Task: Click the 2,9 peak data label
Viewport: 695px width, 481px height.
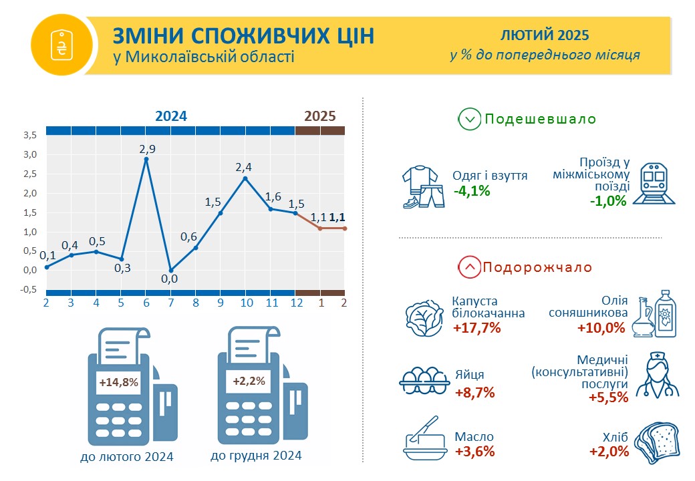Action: point(148,149)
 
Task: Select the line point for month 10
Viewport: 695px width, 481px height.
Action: point(245,178)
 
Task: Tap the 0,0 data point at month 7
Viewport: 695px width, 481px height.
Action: point(171,270)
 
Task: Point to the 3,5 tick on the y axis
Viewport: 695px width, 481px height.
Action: point(30,135)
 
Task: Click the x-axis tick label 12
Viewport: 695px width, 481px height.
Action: point(297,303)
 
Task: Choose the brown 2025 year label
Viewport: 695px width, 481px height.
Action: point(320,116)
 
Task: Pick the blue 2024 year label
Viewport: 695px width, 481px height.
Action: point(171,116)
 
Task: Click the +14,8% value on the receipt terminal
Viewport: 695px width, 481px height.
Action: point(119,382)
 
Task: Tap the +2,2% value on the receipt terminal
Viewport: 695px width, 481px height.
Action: point(249,381)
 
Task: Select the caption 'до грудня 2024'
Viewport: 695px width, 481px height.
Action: point(256,456)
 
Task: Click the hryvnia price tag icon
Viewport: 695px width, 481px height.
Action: point(61,45)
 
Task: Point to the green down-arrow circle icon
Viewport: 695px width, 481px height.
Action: point(469,119)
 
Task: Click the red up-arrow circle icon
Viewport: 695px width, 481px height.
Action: point(469,267)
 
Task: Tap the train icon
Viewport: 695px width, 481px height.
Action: point(654,183)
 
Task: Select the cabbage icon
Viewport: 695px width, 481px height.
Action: point(424,317)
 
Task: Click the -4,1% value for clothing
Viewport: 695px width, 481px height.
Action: point(472,191)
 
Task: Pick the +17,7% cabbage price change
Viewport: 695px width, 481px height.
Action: point(477,328)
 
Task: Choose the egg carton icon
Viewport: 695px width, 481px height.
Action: point(424,381)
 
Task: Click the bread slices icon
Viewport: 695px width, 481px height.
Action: point(658,444)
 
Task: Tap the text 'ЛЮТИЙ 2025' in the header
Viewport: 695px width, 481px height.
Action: point(545,35)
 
